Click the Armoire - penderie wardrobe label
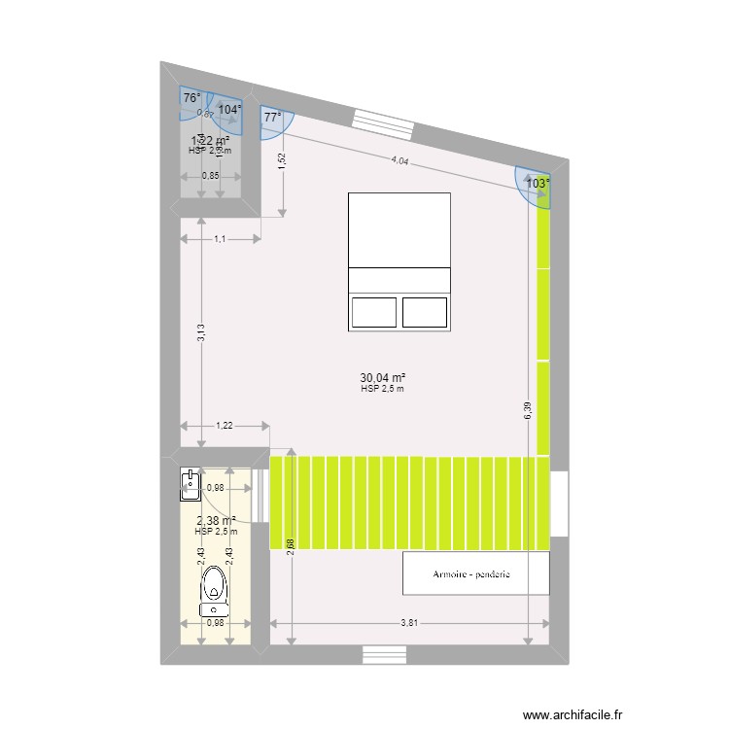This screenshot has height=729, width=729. (x=475, y=574)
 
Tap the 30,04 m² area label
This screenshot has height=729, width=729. (x=382, y=378)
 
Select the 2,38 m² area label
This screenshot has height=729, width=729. (x=216, y=521)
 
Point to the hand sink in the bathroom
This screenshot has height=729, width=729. (x=190, y=484)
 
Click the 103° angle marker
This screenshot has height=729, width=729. (x=537, y=182)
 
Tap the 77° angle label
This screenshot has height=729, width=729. (x=273, y=118)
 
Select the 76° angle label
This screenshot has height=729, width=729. (x=191, y=98)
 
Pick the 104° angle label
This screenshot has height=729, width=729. (x=228, y=109)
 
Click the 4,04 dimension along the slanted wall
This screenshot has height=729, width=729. (x=400, y=162)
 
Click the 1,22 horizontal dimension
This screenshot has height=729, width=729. (x=225, y=425)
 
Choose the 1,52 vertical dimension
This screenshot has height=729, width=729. (x=282, y=162)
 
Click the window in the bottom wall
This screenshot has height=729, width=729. (x=384, y=655)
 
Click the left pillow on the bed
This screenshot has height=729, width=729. (x=374, y=313)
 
